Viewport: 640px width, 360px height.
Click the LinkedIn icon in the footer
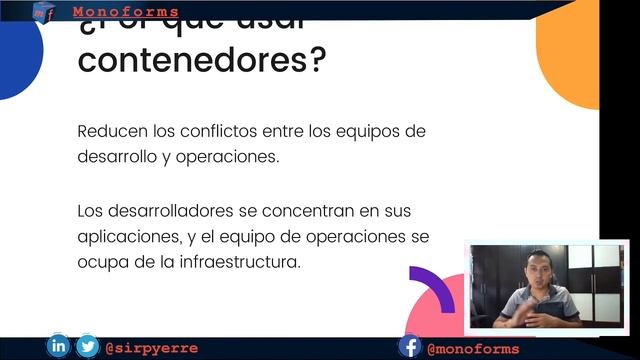(x=58, y=347)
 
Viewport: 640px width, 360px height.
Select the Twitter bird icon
(x=88, y=347)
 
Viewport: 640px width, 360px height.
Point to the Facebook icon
(x=409, y=347)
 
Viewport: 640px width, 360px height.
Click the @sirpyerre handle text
(x=152, y=348)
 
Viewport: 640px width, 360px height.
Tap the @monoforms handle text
(x=473, y=348)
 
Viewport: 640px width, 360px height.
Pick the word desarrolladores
(x=171, y=212)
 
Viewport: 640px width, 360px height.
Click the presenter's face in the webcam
(x=538, y=272)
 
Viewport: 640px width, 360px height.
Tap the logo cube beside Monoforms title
(x=42, y=11)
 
